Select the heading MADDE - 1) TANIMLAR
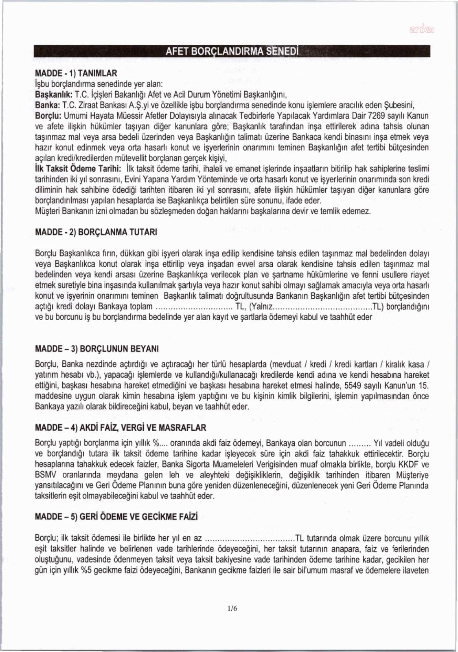pos(76,73)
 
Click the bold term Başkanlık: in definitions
pos(54,95)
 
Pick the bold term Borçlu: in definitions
pos(48,116)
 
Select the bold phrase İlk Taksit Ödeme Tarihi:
pos(78,169)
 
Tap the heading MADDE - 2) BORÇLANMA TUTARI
pos(96,232)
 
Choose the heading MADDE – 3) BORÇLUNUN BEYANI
pos(97,349)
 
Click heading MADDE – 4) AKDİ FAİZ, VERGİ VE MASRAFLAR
pos(121,427)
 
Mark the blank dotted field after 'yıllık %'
pos(164,443)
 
